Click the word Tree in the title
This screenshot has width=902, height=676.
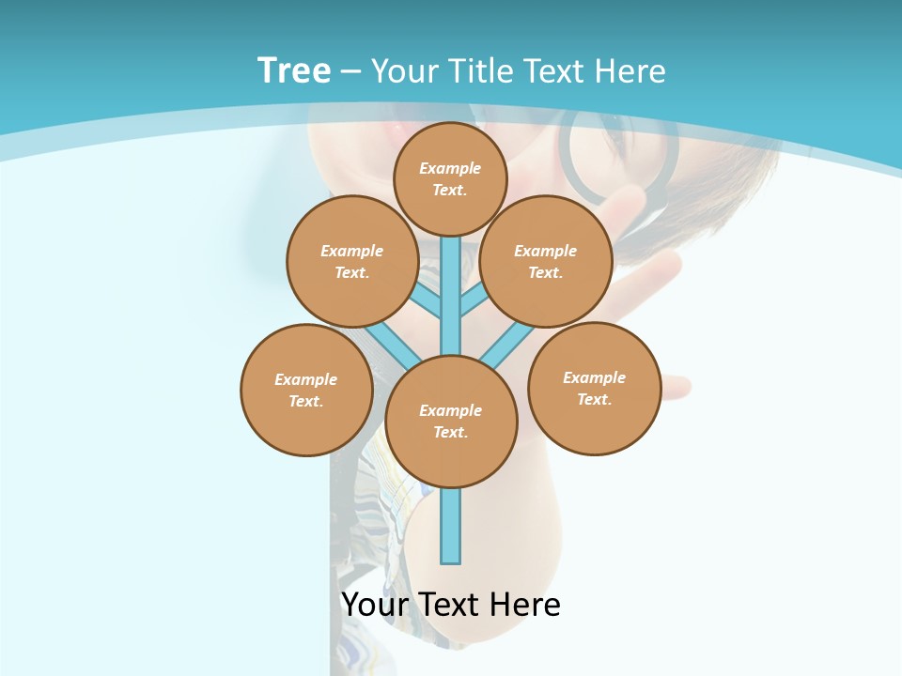(294, 71)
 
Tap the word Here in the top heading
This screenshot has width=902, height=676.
(630, 71)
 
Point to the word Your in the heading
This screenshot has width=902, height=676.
(403, 71)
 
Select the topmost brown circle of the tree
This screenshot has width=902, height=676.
(450, 178)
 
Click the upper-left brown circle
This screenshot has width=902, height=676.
(351, 261)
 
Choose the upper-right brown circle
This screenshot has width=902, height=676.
(546, 261)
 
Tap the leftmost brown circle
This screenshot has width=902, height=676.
(306, 390)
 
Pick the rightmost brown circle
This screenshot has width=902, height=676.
(594, 388)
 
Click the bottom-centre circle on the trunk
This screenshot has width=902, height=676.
(451, 422)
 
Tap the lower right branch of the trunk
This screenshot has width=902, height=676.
(507, 344)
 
